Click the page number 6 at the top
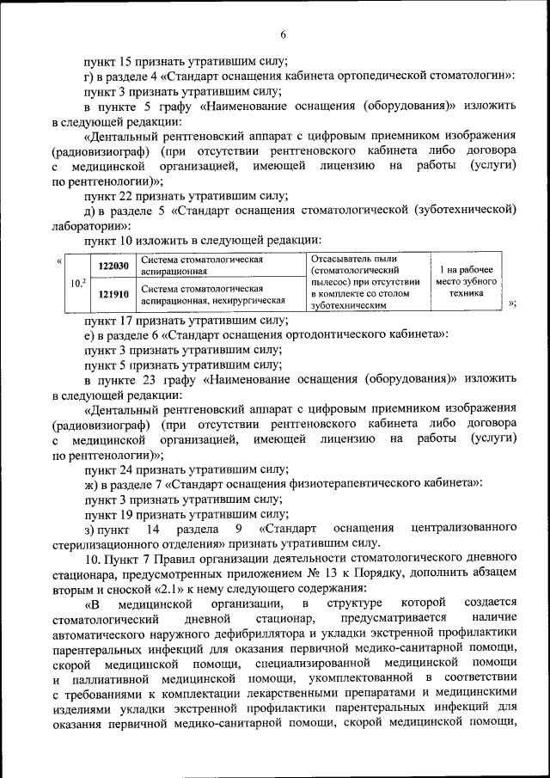click(282, 34)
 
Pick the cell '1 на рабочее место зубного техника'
click(466, 281)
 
